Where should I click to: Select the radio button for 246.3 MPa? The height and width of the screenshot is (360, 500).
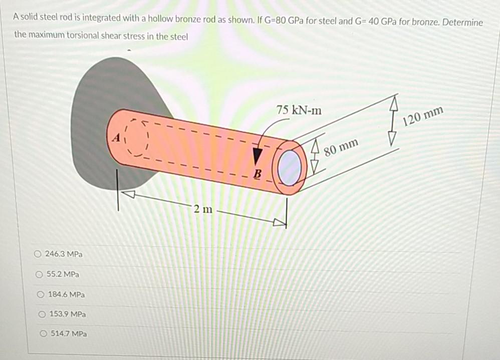(x=38, y=254)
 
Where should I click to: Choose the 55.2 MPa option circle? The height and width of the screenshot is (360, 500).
(x=39, y=274)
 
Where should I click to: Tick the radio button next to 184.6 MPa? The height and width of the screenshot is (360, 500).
(x=42, y=294)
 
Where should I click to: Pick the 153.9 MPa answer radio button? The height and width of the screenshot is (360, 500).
(x=43, y=314)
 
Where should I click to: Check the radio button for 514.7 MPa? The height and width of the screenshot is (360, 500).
(x=44, y=333)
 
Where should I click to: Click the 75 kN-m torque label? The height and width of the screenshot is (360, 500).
(x=299, y=110)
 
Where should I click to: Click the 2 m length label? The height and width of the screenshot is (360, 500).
(x=203, y=209)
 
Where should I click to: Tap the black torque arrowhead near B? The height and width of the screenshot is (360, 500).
(x=258, y=155)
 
